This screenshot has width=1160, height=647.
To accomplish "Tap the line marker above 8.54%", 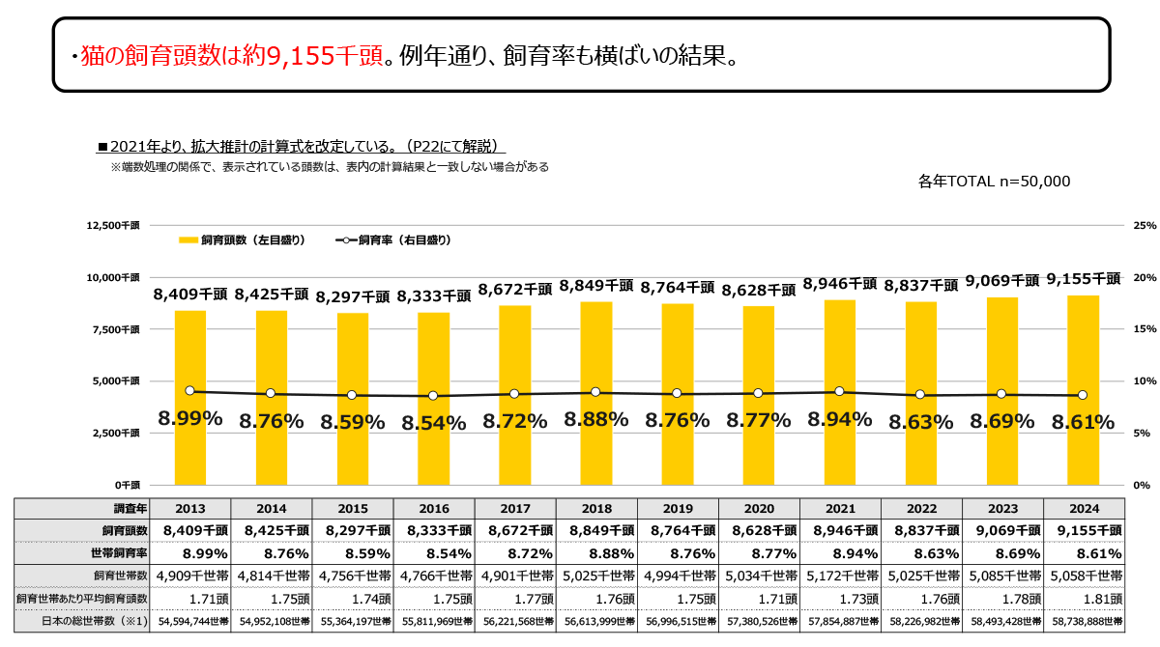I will pos(433,396).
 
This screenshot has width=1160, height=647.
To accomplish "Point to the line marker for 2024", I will pos(1083,395).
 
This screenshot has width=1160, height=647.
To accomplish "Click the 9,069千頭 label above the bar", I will pos(1001,281).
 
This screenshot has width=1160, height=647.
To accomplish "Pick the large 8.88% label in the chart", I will pos(596,419).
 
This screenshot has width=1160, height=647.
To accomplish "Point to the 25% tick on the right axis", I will pos(1145,225).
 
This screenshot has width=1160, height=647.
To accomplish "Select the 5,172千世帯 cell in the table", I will pos(840,577).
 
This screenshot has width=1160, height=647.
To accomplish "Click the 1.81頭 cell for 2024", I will pos(1084,599).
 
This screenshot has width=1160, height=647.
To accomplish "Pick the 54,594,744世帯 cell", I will pos(190,620).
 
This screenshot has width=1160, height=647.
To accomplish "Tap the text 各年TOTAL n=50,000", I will pos(996,181).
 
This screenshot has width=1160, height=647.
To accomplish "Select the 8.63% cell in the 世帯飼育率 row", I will pos(921,553).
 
